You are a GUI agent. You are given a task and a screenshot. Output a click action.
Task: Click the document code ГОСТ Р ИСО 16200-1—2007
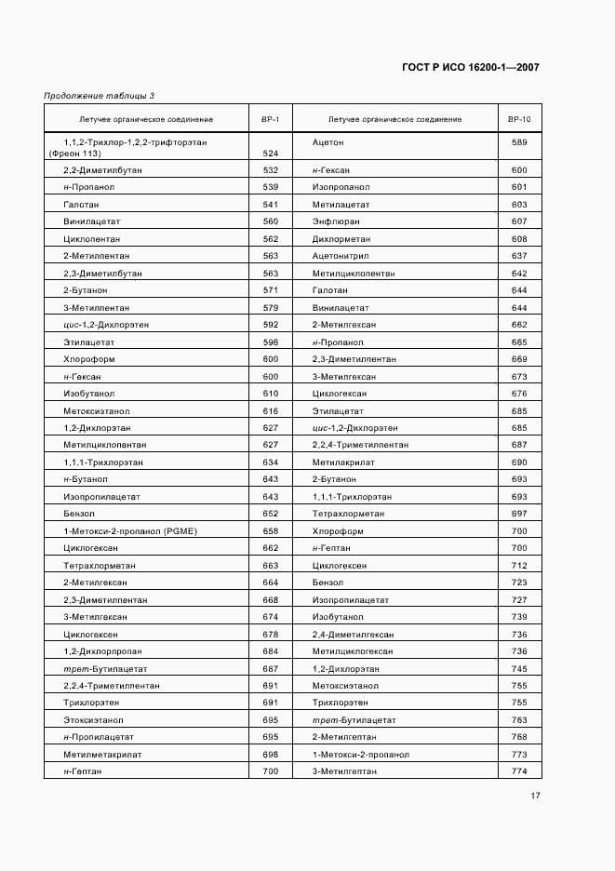(471, 68)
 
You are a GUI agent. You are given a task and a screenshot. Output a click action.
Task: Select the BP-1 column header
(271, 120)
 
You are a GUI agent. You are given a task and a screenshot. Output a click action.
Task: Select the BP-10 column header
(519, 120)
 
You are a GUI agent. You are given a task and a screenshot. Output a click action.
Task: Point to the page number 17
(536, 796)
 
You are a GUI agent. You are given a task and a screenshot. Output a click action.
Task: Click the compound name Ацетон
(328, 142)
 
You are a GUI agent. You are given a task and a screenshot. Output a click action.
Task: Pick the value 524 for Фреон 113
(271, 154)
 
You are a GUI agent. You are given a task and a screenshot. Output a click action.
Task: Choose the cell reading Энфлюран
(336, 221)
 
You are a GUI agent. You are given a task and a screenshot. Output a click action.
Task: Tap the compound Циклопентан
(88, 238)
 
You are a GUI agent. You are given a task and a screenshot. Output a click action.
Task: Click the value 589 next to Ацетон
(519, 142)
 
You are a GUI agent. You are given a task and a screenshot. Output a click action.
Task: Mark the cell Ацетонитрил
(341, 256)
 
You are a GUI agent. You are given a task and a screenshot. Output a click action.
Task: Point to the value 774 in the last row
(519, 771)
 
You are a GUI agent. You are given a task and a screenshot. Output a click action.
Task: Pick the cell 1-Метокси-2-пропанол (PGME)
(118, 530)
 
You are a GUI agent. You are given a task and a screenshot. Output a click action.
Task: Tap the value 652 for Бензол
(271, 514)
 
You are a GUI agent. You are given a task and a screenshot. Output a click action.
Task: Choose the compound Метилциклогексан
(353, 651)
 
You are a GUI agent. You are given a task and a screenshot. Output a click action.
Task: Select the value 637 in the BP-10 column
(519, 256)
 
